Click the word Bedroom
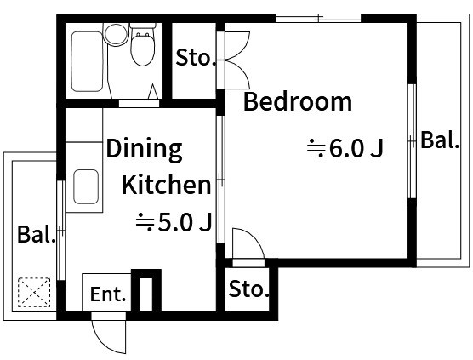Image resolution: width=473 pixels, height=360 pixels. pyautogui.click(x=298, y=101)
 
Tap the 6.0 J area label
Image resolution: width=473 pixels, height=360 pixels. pyautogui.click(x=345, y=148)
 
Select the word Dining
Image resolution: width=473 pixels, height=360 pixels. pyautogui.click(x=144, y=150)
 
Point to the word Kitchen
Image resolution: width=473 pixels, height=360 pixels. pyautogui.click(x=166, y=185)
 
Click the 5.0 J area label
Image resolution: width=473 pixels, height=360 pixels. pyautogui.click(x=174, y=223)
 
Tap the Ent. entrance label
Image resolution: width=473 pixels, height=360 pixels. pyautogui.click(x=108, y=294)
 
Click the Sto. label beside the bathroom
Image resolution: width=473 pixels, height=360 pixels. pyautogui.click(x=196, y=57)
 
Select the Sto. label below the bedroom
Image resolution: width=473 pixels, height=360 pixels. pyautogui.click(x=249, y=289)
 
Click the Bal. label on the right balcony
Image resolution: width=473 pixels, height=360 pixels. pyautogui.click(x=440, y=140)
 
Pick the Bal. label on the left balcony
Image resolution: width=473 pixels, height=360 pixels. pyautogui.click(x=37, y=234)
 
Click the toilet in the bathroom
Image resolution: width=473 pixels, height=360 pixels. pyautogui.click(x=143, y=45)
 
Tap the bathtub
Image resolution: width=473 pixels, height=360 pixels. pyautogui.click(x=87, y=61)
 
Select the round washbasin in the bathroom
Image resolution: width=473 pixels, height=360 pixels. pyautogui.click(x=117, y=34)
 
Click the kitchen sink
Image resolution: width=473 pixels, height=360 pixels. pyautogui.click(x=86, y=186)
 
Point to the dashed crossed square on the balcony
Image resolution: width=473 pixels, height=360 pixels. pyautogui.click(x=34, y=293)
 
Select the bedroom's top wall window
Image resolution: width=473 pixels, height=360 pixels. pyautogui.click(x=318, y=18)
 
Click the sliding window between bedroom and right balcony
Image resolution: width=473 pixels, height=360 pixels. pyautogui.click(x=412, y=141)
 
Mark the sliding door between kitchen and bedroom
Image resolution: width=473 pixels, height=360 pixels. pyautogui.click(x=221, y=180)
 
